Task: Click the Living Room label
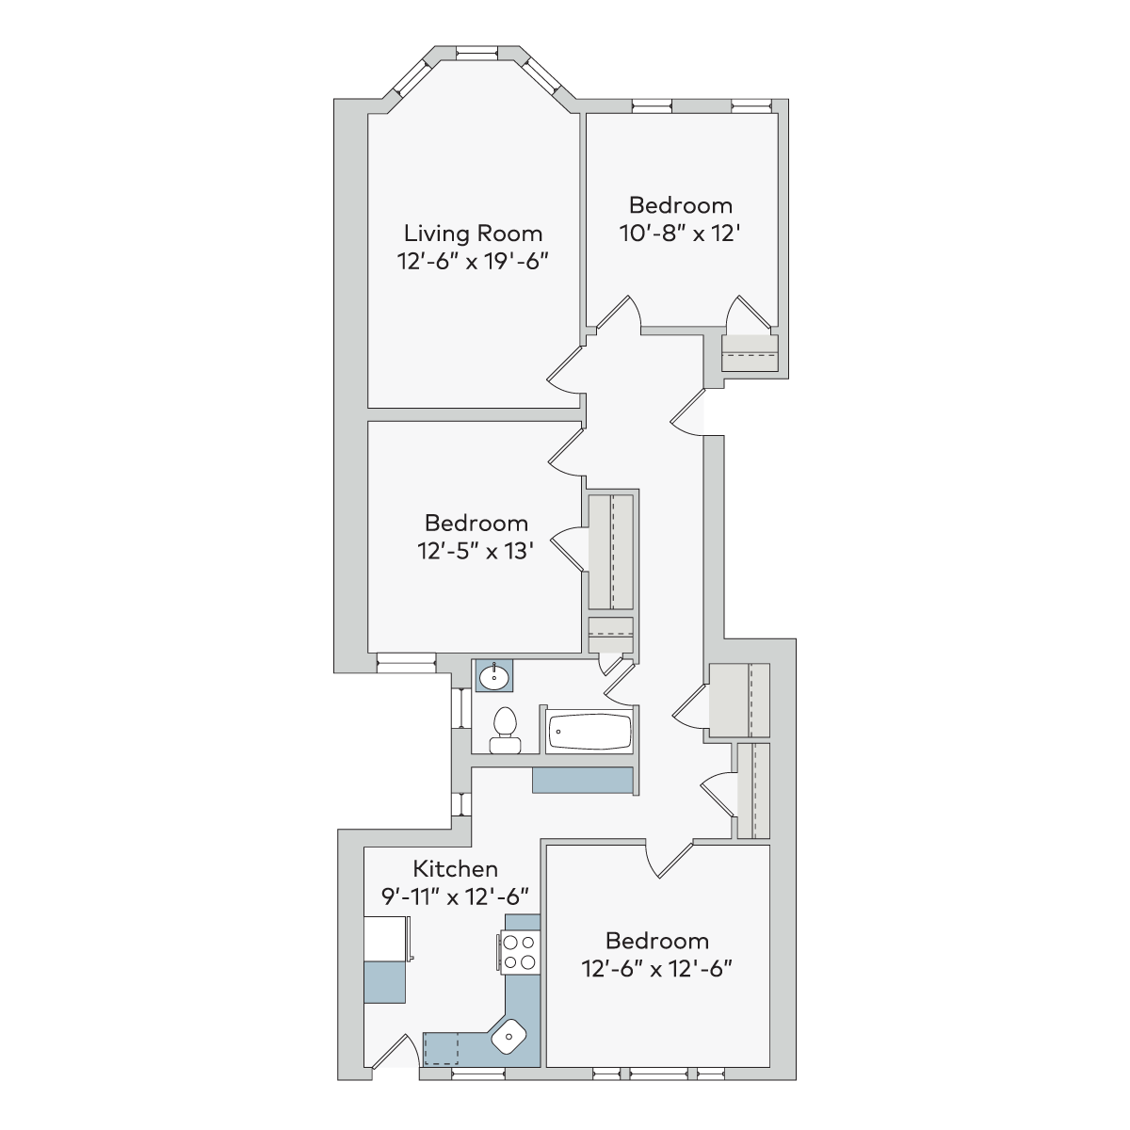pyautogui.click(x=473, y=234)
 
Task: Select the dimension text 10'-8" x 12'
pyautogui.click(x=680, y=234)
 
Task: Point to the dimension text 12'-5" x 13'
pyautogui.click(x=476, y=551)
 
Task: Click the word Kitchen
pyautogui.click(x=455, y=868)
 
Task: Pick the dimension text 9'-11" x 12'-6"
pyautogui.click(x=455, y=896)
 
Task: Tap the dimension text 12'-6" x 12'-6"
pyautogui.click(x=656, y=969)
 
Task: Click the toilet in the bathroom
pyautogui.click(x=505, y=730)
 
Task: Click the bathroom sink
pyautogui.click(x=493, y=677)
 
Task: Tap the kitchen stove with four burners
pyautogui.click(x=520, y=953)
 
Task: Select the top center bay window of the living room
pyautogui.click(x=476, y=53)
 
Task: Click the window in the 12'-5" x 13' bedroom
pyautogui.click(x=406, y=663)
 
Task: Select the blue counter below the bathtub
pyautogui.click(x=582, y=781)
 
